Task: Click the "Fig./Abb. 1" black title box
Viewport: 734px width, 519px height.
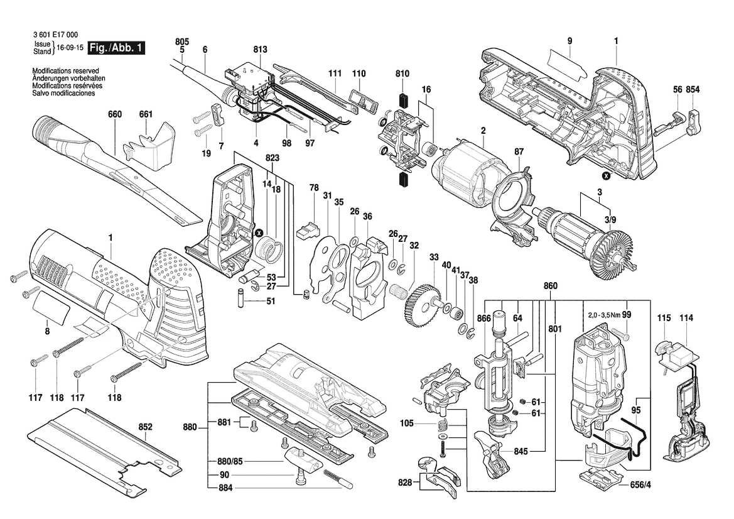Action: click(x=117, y=48)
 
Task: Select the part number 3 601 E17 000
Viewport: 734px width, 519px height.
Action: click(x=56, y=35)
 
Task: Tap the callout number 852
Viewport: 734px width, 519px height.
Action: click(x=145, y=427)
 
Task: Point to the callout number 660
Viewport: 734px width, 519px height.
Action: click(x=115, y=114)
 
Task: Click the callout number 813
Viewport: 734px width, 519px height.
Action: click(x=261, y=49)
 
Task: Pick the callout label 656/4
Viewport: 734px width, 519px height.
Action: click(x=640, y=485)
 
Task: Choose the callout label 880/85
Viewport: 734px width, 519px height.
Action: click(x=231, y=461)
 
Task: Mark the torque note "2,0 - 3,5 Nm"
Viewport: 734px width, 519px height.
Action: click(x=604, y=315)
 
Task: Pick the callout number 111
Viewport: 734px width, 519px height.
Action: click(x=335, y=74)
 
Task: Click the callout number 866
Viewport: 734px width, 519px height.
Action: click(x=484, y=319)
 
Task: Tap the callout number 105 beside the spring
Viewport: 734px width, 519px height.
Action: click(x=407, y=423)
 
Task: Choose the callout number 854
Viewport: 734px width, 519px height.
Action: click(x=693, y=90)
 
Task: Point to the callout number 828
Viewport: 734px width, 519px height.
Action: click(x=405, y=482)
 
